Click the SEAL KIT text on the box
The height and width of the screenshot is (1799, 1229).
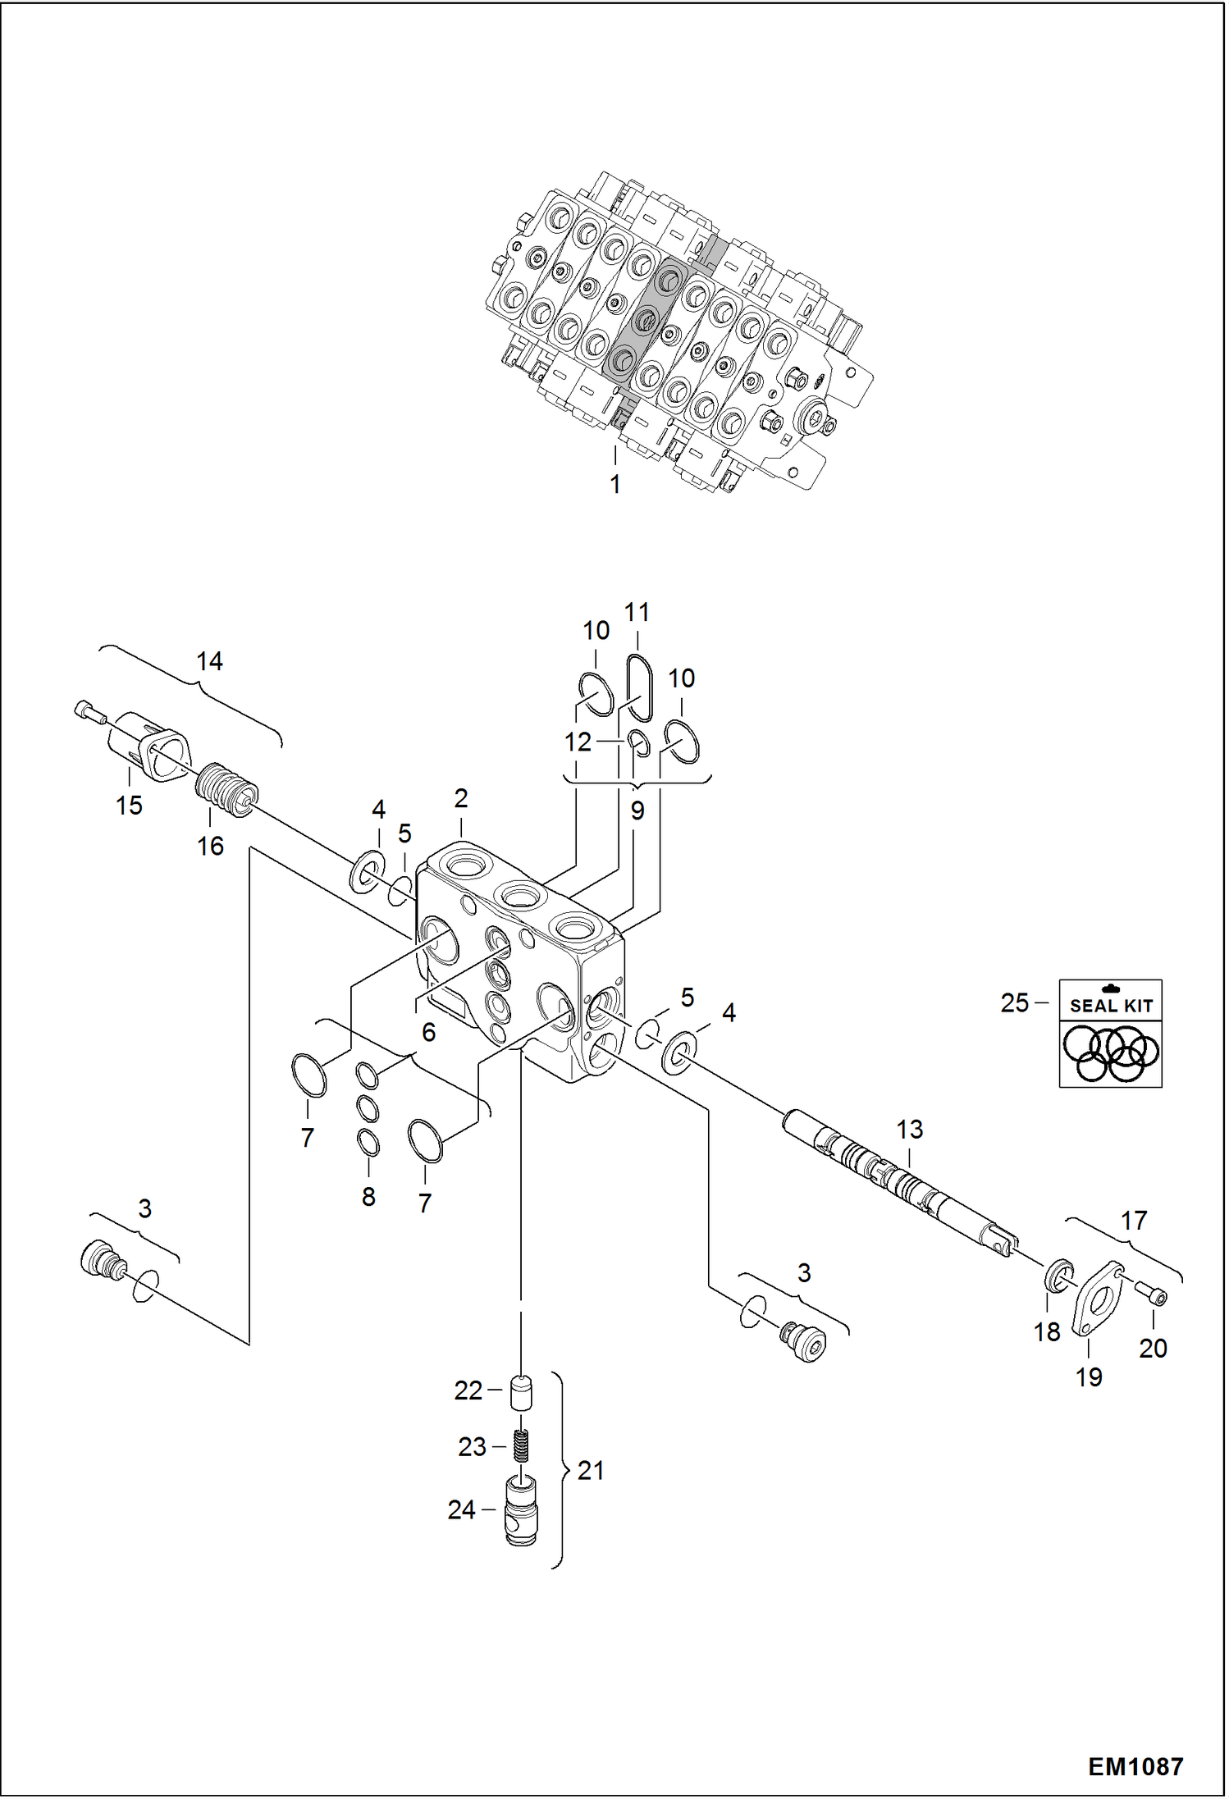[x=1112, y=1006]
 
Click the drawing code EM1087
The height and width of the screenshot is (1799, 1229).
[x=1135, y=1766]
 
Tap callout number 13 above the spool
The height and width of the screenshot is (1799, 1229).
[x=909, y=1130]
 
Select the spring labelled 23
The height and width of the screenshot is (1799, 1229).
[x=521, y=1445]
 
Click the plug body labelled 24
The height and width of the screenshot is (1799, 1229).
[x=520, y=1512]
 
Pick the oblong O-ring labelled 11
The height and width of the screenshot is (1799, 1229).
[x=640, y=687]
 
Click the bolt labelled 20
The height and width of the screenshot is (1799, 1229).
[x=1151, y=1295]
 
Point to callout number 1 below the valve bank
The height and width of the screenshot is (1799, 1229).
[x=615, y=484]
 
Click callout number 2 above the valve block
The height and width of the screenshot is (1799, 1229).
[x=461, y=797]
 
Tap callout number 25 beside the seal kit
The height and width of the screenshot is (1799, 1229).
[x=1014, y=1002]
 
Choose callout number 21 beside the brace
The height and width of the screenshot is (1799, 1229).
[x=591, y=1470]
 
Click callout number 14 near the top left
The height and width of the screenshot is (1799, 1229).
[x=209, y=661]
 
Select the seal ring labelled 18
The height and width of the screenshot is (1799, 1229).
[x=1059, y=1274]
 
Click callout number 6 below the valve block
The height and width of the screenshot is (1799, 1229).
[x=428, y=1032]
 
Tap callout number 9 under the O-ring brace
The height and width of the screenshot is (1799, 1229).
[x=637, y=810]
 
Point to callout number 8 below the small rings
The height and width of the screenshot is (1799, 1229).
[x=368, y=1196]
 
